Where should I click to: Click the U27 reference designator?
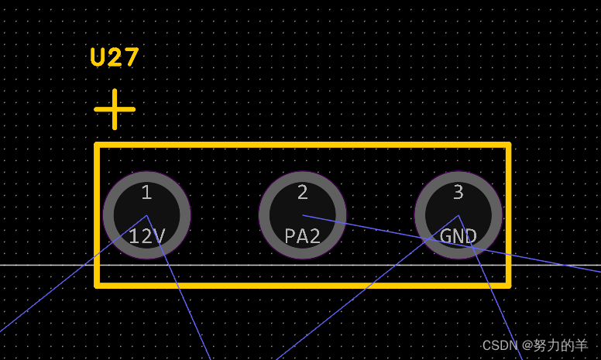[x=115, y=57]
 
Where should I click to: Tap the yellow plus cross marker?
[x=115, y=109]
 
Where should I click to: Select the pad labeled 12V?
[x=146, y=214]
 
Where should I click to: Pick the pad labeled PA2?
[x=302, y=214]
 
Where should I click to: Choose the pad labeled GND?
[x=458, y=214]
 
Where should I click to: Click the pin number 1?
[x=146, y=193]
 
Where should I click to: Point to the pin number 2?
[x=302, y=193]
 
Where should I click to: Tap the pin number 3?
[x=458, y=193]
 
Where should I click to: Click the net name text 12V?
[x=146, y=236]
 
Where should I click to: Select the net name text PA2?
[x=302, y=236]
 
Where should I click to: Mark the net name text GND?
[x=458, y=236]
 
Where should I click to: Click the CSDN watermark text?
[x=500, y=345]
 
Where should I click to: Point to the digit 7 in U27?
[x=131, y=57]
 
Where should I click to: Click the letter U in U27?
[x=98, y=57]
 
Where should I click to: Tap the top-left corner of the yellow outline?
[x=97, y=145]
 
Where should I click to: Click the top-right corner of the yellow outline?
[x=508, y=145]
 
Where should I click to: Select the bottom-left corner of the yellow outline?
[x=97, y=285]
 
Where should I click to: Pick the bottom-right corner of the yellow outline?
[x=508, y=285]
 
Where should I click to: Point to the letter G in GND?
[x=445, y=236]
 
